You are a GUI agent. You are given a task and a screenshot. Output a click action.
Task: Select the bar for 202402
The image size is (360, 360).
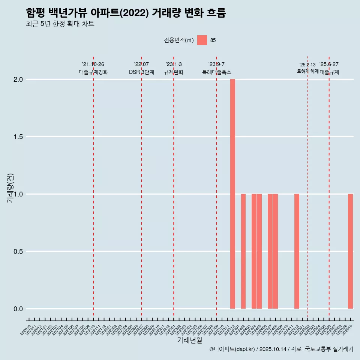[243, 251]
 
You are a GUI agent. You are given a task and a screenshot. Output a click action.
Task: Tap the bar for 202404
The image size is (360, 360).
[254, 251]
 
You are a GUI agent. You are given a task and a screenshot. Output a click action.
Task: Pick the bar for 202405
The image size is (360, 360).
[259, 251]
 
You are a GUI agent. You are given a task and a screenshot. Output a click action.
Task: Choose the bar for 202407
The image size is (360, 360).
[270, 251]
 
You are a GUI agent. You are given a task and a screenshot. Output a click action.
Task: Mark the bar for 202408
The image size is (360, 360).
[276, 251]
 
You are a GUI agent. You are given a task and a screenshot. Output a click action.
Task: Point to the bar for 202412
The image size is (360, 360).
[297, 251]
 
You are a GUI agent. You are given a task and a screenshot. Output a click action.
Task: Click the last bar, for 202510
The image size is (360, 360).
[350, 251]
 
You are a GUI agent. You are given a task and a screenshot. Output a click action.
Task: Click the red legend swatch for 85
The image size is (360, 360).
[202, 40]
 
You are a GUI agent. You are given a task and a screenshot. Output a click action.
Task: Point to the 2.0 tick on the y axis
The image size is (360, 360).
[18, 79]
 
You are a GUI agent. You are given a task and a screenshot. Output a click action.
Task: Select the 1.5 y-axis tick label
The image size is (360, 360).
[18, 137]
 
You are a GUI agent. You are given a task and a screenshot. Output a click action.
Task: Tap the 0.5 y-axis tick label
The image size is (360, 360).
[18, 251]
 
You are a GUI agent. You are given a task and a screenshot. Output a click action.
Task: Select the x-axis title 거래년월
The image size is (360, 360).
[189, 340]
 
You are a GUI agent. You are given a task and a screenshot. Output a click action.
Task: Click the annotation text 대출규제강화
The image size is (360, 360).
[93, 72]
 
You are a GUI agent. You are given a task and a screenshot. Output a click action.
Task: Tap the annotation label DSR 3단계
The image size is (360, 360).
[141, 72]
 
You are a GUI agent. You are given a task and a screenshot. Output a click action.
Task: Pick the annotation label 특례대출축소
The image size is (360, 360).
[216, 72]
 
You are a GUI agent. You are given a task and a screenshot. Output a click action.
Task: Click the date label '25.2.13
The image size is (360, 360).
[307, 65]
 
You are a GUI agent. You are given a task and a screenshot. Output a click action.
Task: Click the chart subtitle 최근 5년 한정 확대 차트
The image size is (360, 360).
[60, 24]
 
